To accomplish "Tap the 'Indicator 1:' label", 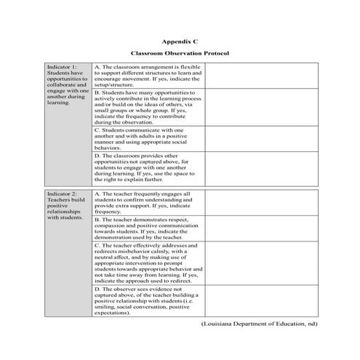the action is click(x=61, y=66).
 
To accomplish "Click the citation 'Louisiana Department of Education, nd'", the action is click(x=260, y=323).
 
